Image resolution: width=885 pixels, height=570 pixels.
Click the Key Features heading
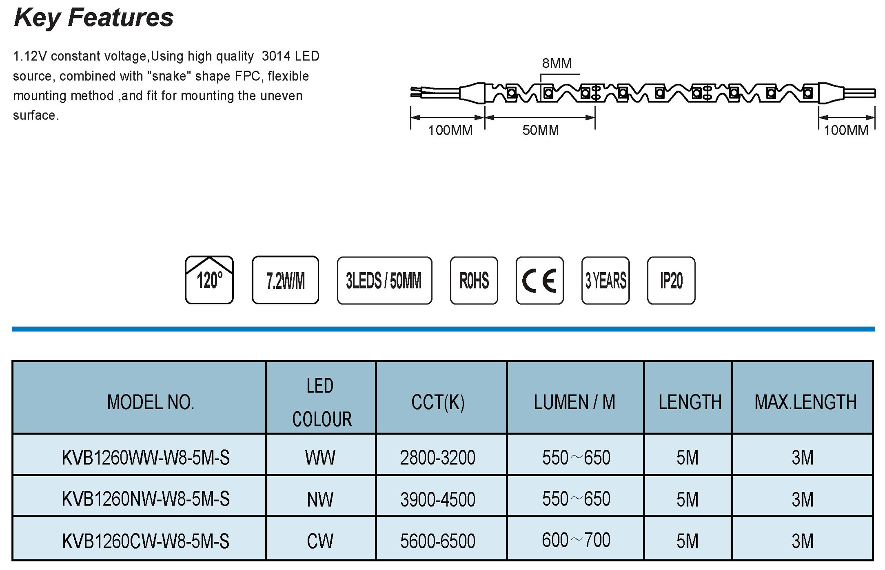pyautogui.click(x=93, y=18)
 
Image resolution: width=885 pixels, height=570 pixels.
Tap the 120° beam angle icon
pyautogui.click(x=209, y=280)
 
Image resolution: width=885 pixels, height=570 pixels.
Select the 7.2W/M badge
pyautogui.click(x=285, y=280)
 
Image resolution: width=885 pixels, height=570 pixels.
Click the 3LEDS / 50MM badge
pyautogui.click(x=384, y=281)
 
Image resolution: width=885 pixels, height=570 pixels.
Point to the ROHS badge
pyautogui.click(x=474, y=281)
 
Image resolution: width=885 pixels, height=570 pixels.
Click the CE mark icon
pyautogui.click(x=539, y=281)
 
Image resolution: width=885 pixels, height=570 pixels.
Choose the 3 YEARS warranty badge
pyautogui.click(x=606, y=281)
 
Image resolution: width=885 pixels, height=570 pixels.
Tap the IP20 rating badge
pyautogui.click(x=671, y=281)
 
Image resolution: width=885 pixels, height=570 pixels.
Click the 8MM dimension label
pyautogui.click(x=557, y=63)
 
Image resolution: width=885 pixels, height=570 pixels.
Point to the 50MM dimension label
pyautogui.click(x=540, y=130)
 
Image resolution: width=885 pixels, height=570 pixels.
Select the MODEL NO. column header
pyautogui.click(x=151, y=402)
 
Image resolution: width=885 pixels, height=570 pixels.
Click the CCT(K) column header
pyautogui.click(x=438, y=402)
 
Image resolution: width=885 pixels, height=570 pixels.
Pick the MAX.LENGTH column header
pyautogui.click(x=805, y=402)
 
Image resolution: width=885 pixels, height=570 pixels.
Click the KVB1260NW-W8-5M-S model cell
pyautogui.click(x=146, y=499)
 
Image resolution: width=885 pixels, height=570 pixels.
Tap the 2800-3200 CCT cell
pyautogui.click(x=438, y=458)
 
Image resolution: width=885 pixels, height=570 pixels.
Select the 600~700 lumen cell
pyautogui.click(x=576, y=540)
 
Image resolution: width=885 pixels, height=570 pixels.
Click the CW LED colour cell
pyautogui.click(x=320, y=541)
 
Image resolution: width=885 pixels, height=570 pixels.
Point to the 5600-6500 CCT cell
pyautogui.click(x=438, y=541)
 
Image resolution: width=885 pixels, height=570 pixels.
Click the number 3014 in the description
pyautogui.click(x=276, y=56)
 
